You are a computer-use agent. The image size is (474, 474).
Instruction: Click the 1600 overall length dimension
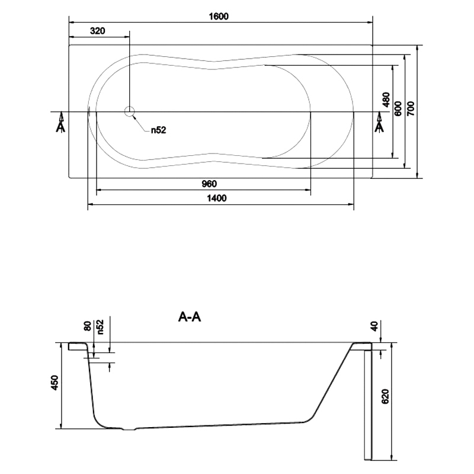219,16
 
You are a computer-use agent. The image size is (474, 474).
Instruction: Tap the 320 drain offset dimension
97,31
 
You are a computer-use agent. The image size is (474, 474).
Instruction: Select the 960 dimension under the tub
209,184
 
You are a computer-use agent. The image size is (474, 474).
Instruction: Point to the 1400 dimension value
217,198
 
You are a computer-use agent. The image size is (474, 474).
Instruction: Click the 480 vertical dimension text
386,100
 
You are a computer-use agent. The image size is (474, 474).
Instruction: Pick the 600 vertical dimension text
398,108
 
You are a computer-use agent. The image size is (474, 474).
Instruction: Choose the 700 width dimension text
411,108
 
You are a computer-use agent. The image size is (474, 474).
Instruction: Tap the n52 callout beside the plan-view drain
159,130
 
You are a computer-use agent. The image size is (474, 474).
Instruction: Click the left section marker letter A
60,127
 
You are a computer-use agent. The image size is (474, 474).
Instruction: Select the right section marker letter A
379,127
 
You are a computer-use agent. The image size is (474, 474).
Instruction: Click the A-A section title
190,317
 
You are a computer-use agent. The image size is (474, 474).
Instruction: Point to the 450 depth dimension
55,382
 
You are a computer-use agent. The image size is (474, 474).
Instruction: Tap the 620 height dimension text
385,396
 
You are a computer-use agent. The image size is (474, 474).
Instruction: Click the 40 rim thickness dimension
374,326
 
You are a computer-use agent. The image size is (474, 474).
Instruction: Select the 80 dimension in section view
87,326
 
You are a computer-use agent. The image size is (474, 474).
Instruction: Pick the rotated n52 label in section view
100,327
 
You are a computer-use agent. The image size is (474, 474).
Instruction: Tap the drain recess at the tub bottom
129,429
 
